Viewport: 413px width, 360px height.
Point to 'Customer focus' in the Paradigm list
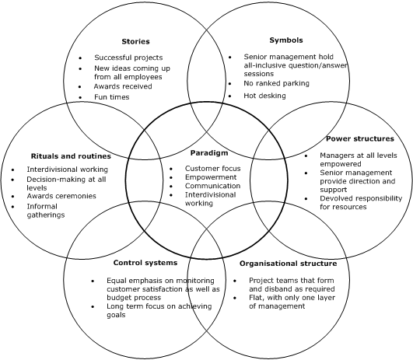pos(212,168)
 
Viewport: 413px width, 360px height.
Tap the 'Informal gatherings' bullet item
pos(46,210)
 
